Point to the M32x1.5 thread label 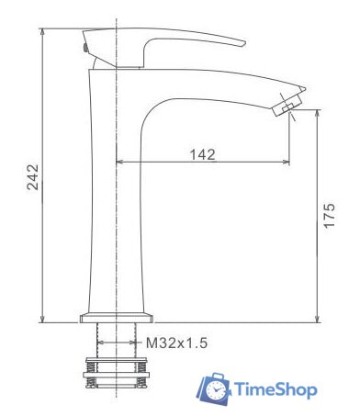(176, 343)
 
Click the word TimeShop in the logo (275, 390)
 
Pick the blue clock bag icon (215, 388)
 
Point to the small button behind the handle (84, 46)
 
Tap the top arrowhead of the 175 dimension (318, 112)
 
